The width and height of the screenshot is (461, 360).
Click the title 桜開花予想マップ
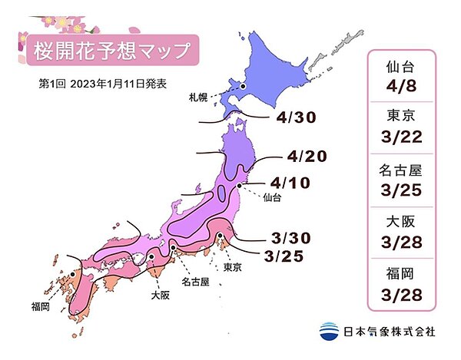tap(112, 50)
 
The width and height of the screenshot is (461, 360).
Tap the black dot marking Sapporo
tap(242, 87)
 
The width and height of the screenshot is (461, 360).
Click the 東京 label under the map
tap(234, 267)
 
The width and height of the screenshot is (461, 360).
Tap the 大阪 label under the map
tap(160, 293)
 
